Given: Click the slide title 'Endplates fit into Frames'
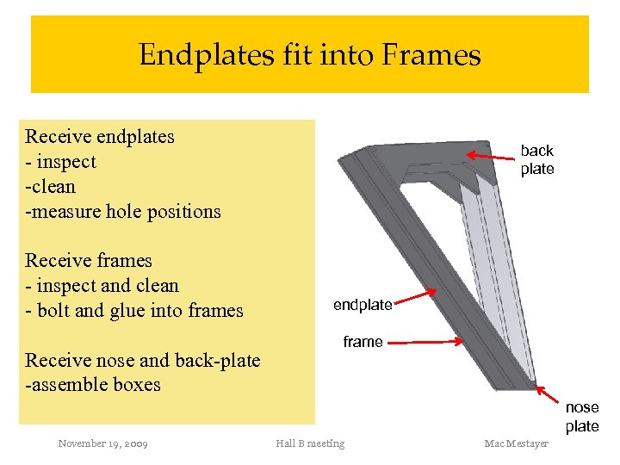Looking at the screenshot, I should click(310, 55).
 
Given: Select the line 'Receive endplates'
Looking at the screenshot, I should click(100, 136).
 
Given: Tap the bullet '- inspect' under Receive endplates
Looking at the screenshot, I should click(61, 161).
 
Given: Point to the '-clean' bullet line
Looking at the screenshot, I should click(51, 186).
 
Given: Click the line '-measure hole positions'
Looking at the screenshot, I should click(123, 211).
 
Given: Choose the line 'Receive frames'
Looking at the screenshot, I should click(89, 260).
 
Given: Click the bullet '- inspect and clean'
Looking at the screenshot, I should click(102, 285).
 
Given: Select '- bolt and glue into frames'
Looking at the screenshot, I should click(134, 310).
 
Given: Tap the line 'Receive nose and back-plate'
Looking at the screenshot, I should click(143, 360).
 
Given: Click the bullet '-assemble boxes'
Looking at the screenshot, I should click(93, 384).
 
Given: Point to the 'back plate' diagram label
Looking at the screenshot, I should click(536, 159).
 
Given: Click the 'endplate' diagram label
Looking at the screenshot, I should click(363, 305).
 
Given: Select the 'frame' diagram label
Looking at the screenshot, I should click(363, 342).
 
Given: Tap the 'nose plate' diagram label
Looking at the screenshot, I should click(582, 417).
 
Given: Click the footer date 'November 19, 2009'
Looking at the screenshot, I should click(102, 443).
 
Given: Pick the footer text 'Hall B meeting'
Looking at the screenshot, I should click(310, 443).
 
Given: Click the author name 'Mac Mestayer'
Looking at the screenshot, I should click(517, 443).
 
